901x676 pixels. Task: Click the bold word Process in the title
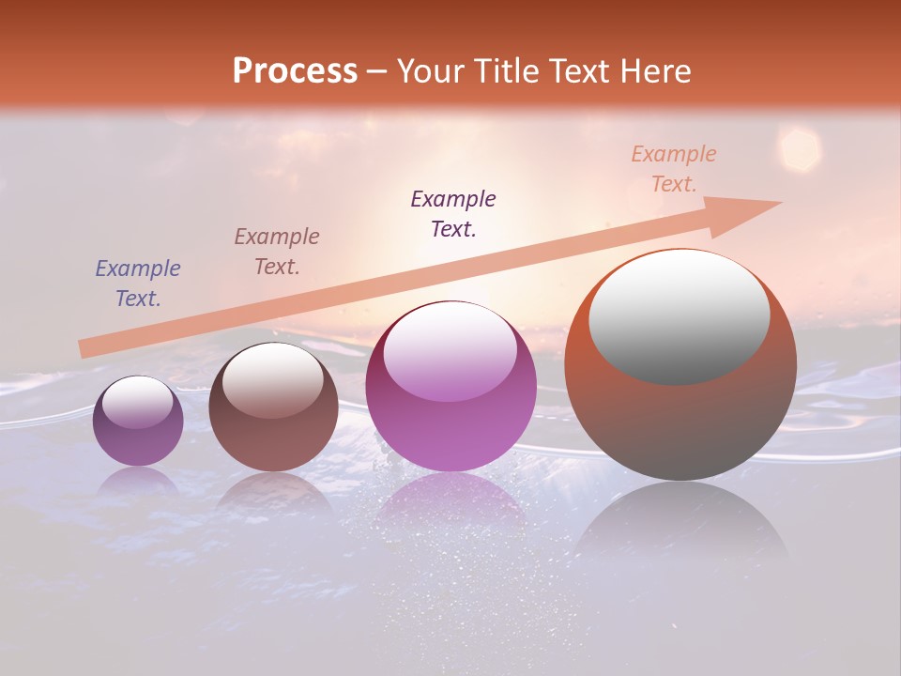(x=295, y=70)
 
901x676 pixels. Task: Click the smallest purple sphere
(x=138, y=421)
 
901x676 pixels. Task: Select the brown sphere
(x=273, y=407)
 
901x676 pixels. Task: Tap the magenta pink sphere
(x=450, y=386)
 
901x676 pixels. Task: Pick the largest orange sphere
(x=680, y=364)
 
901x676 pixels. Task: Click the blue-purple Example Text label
(x=137, y=284)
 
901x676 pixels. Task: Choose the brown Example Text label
(x=276, y=252)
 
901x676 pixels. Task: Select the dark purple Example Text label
(x=453, y=214)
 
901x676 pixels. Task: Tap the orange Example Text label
(x=673, y=169)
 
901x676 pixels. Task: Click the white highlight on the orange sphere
(x=680, y=315)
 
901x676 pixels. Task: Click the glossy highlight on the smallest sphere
(x=138, y=402)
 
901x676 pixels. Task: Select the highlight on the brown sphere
(x=272, y=378)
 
